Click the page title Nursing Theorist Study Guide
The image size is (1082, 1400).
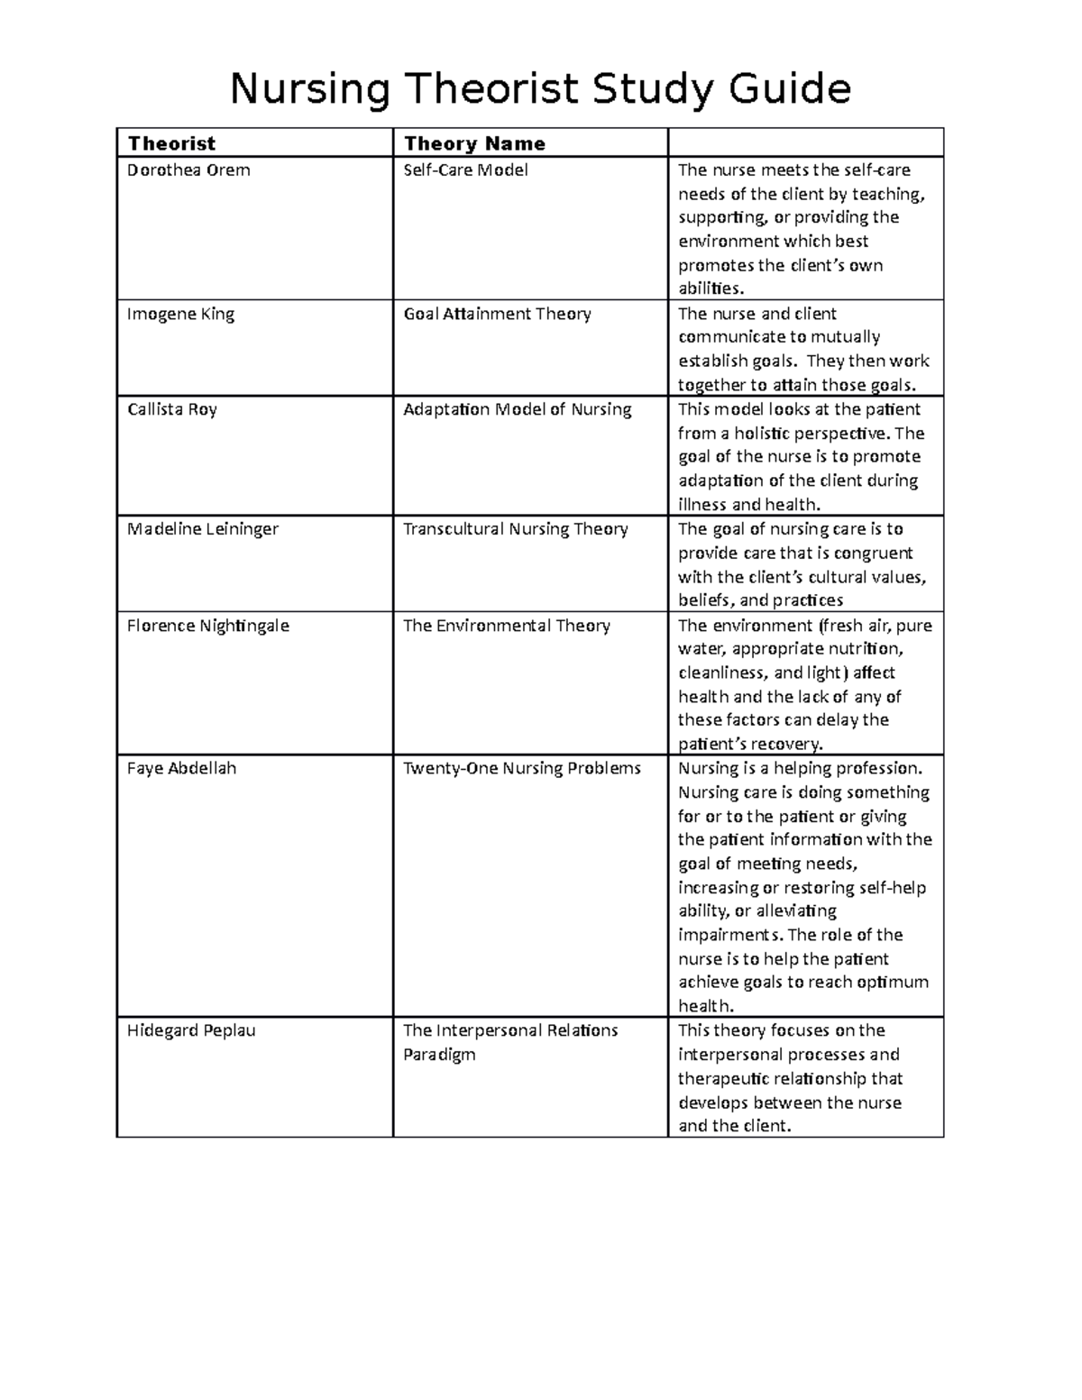tap(540, 89)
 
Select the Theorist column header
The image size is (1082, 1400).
tap(171, 143)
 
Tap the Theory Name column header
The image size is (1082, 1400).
tap(474, 143)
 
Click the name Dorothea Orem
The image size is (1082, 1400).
tap(188, 170)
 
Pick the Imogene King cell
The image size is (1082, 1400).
tap(180, 314)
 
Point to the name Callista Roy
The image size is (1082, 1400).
tap(172, 409)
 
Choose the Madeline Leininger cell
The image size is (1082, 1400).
tap(203, 529)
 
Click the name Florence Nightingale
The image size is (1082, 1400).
tap(208, 626)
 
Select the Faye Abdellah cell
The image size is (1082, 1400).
tap(181, 768)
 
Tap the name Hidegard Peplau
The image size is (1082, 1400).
tap(191, 1030)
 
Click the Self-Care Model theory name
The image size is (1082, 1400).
tap(465, 170)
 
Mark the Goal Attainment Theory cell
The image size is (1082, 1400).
tap(497, 314)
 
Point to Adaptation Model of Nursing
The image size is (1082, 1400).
tap(517, 409)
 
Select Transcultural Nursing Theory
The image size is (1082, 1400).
tap(515, 529)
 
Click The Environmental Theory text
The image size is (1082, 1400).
tap(506, 626)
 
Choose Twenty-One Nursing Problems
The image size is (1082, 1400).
tap(521, 768)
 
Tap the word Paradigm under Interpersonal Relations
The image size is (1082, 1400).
tap(439, 1055)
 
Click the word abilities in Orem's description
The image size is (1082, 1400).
tap(710, 288)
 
